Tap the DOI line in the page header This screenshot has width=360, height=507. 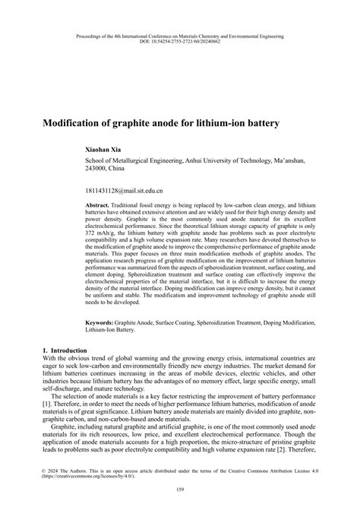tap(180, 41)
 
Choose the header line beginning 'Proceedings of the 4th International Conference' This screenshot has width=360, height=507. tap(180, 35)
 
